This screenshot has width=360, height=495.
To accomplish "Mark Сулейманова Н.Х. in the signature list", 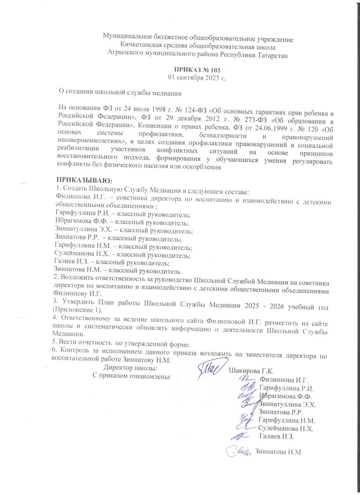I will click(x=286, y=429).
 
